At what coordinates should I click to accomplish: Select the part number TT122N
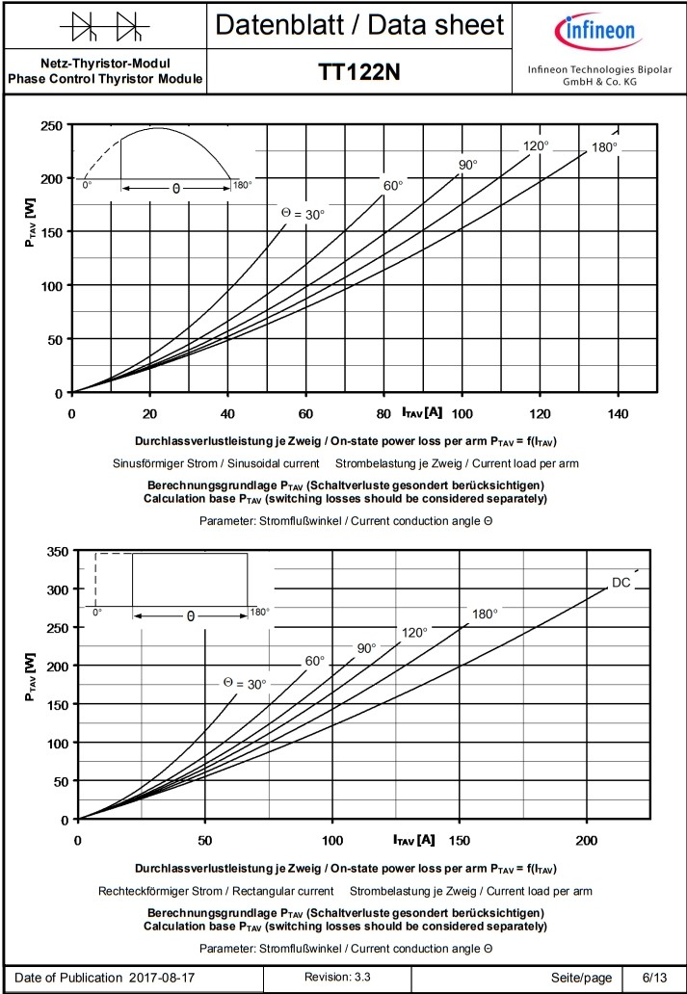(359, 73)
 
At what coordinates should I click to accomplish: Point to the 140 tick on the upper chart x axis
(618, 413)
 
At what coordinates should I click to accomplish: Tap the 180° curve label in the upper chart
(604, 147)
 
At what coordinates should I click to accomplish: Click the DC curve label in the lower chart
(621, 583)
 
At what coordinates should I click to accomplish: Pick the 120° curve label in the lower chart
(414, 633)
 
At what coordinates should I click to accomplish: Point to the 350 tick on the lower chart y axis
(56, 551)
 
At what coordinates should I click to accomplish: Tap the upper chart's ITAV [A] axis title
(422, 413)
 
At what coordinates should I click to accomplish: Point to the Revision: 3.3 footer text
(337, 978)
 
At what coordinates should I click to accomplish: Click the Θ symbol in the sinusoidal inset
(175, 190)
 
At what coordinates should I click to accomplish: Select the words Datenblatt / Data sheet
(359, 25)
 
